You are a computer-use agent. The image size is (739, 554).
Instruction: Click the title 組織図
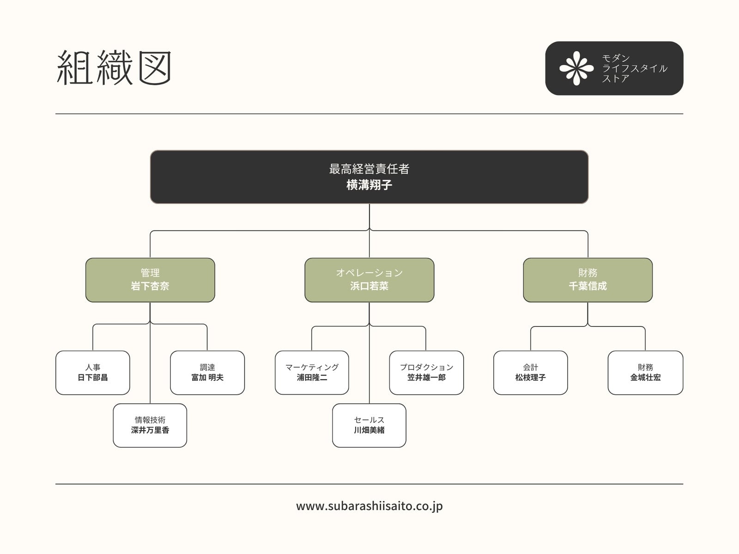pyautogui.click(x=114, y=67)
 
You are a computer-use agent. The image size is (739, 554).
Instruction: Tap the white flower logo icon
pyautogui.click(x=576, y=68)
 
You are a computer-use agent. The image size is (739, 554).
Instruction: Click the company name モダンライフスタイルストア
pyautogui.click(x=634, y=68)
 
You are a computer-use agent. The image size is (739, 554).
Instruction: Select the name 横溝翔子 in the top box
pyautogui.click(x=369, y=185)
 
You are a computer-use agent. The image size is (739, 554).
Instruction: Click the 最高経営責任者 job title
pyautogui.click(x=369, y=169)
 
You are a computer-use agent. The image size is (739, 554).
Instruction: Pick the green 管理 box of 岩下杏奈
pyautogui.click(x=150, y=280)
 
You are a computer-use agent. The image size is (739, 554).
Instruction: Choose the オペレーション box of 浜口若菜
pyautogui.click(x=369, y=280)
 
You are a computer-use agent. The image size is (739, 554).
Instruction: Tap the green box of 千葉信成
pyautogui.click(x=588, y=280)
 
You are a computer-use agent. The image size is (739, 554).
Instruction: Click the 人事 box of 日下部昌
pyautogui.click(x=92, y=373)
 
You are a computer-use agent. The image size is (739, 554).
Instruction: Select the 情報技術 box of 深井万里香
pyautogui.click(x=150, y=426)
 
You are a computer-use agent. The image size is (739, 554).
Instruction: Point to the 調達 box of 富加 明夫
pyautogui.click(x=207, y=373)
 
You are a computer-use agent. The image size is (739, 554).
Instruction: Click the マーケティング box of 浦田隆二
pyautogui.click(x=312, y=373)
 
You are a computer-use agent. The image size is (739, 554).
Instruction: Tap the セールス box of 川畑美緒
pyautogui.click(x=369, y=426)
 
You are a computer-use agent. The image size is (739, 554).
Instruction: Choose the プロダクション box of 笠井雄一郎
pyautogui.click(x=427, y=373)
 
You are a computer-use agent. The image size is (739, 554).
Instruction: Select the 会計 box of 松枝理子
pyautogui.click(x=531, y=373)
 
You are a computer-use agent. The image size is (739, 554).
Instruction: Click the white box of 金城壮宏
pyautogui.click(x=645, y=373)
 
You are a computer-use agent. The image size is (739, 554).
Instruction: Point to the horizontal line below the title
pyautogui.click(x=369, y=114)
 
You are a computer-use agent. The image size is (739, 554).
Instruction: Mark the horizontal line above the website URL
pyautogui.click(x=369, y=484)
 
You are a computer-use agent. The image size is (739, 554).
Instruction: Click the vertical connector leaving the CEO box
pyautogui.click(x=369, y=217)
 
